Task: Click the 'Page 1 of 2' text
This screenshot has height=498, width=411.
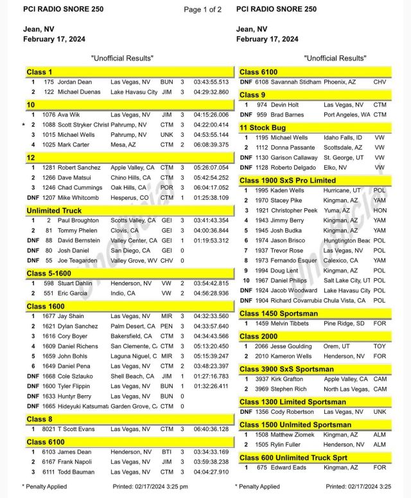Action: tap(202, 10)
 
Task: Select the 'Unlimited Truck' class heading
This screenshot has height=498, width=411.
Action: tap(53, 210)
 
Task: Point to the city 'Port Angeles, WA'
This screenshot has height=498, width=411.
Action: tap(347, 115)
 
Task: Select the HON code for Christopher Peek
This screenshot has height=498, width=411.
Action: tap(380, 210)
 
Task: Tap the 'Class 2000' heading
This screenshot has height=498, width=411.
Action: tap(259, 337)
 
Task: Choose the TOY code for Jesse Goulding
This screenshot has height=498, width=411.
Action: tap(380, 346)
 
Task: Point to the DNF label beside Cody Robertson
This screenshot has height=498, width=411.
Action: tap(246, 412)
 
